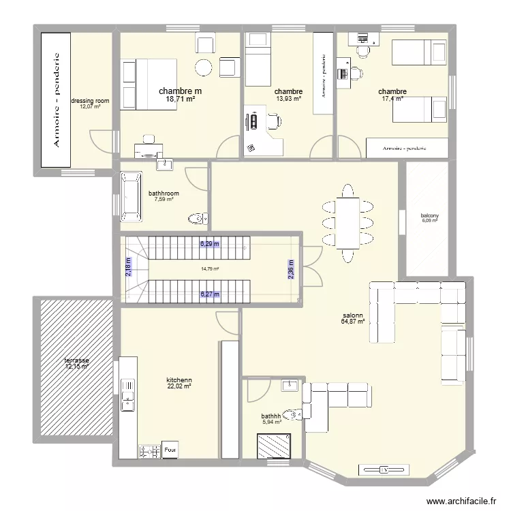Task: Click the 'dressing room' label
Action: [x=89, y=101]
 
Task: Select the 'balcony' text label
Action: [x=430, y=216]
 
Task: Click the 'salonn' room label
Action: [x=353, y=315]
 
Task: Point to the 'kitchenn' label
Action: [x=179, y=380]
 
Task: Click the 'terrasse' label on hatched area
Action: [x=77, y=360]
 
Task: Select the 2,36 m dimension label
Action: [x=290, y=270]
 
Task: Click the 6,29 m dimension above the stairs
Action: [x=210, y=243]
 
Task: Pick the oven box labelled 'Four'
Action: [x=170, y=450]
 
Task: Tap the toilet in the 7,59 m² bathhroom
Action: [x=197, y=219]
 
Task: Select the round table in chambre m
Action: [x=203, y=67]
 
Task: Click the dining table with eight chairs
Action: [x=349, y=223]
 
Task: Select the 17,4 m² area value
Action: [x=392, y=99]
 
